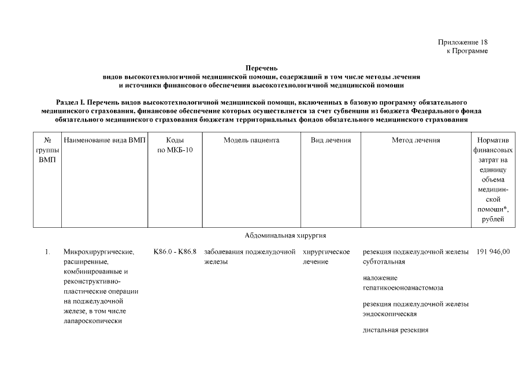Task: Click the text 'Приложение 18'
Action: [x=462, y=42]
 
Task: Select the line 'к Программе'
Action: [x=467, y=51]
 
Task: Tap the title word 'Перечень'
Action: [x=261, y=69]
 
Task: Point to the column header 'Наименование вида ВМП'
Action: [x=105, y=140]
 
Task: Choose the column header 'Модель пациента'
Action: [x=251, y=140]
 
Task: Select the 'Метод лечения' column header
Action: [x=416, y=140]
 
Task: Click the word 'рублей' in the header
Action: [x=492, y=219]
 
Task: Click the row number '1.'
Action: [x=47, y=252]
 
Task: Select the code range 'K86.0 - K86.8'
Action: [x=175, y=252]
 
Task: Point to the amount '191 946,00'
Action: [x=494, y=252]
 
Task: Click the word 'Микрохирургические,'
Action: [x=99, y=252]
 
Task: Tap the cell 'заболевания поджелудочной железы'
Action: [x=249, y=257]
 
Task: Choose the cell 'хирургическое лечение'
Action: [x=327, y=257]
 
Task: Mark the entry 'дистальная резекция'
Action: [x=395, y=330]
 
